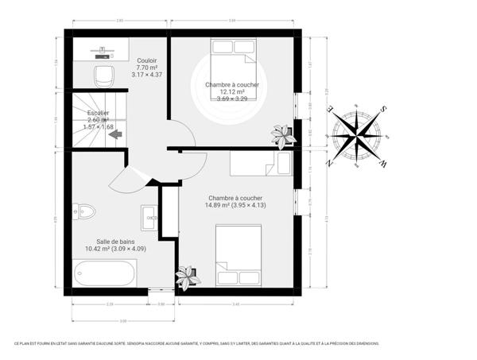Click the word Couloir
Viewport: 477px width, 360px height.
click(x=146, y=60)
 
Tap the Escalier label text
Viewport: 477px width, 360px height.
click(x=99, y=113)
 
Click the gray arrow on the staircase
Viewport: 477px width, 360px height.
click(x=115, y=135)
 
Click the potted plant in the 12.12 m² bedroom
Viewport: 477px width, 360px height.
click(x=282, y=134)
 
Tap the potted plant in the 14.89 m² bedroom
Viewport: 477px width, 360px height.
click(x=187, y=277)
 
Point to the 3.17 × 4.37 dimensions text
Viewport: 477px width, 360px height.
click(x=146, y=75)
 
